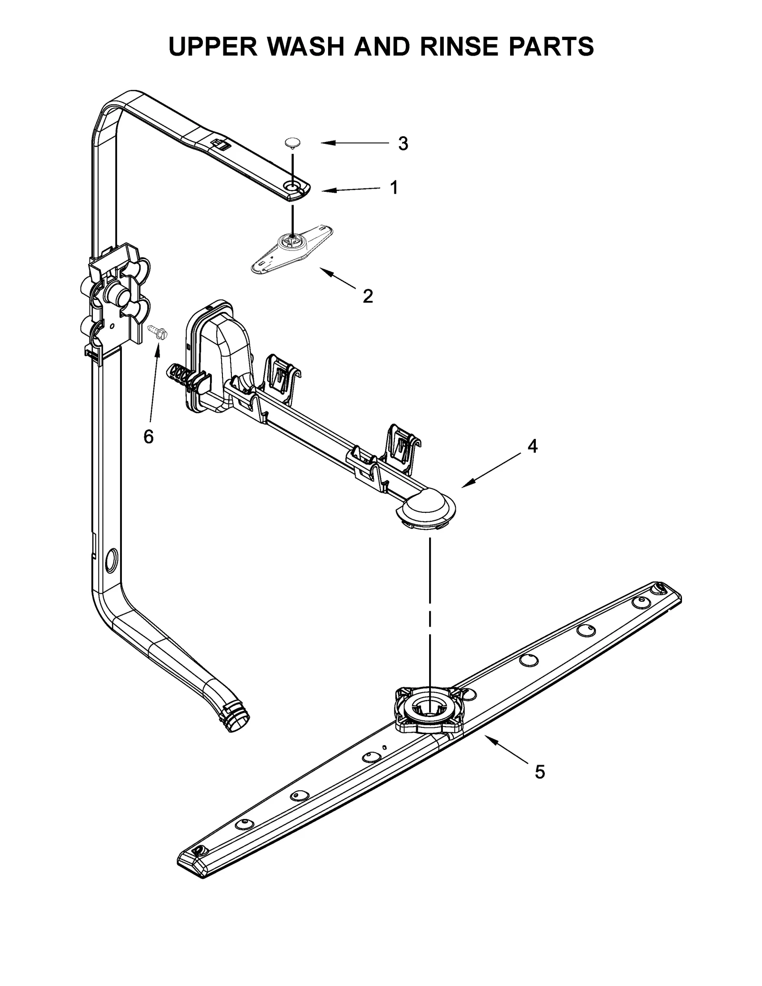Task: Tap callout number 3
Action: pyautogui.click(x=403, y=144)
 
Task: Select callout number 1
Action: pyautogui.click(x=394, y=188)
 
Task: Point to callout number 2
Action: pyautogui.click(x=368, y=297)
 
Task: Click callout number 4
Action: pyautogui.click(x=532, y=446)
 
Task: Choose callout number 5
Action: pyautogui.click(x=539, y=772)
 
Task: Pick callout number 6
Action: pyautogui.click(x=149, y=436)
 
